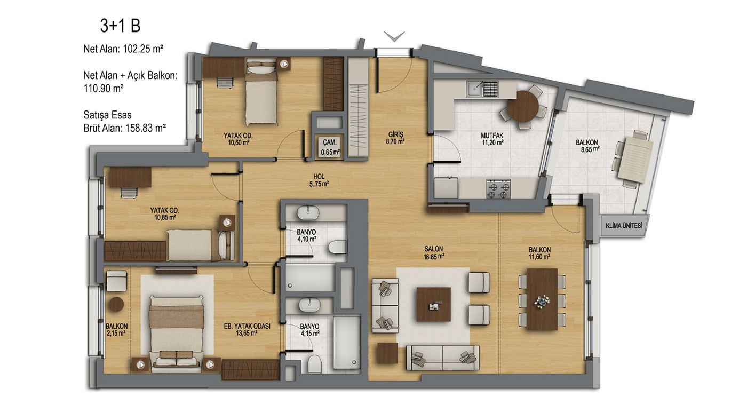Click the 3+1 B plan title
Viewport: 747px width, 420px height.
121,26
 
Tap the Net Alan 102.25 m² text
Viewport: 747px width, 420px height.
123,49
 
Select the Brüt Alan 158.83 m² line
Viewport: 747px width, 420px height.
124,128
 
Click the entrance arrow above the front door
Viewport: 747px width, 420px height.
394,36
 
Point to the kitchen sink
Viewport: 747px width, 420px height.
482,89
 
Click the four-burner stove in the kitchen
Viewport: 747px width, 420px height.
498,189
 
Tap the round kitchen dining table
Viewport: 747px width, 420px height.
522,106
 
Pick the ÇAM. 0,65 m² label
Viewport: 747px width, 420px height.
330,147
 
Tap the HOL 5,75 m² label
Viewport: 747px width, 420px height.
319,180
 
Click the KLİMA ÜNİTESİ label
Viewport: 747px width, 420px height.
624,226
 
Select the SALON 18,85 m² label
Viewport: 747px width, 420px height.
433,252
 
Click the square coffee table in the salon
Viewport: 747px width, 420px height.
433,304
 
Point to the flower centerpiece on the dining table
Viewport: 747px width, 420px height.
542,301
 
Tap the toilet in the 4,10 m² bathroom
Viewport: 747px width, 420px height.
337,248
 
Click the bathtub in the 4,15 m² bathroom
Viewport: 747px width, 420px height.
347,343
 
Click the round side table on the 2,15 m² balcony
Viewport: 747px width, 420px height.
116,304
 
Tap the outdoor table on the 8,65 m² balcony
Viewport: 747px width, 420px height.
635,160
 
